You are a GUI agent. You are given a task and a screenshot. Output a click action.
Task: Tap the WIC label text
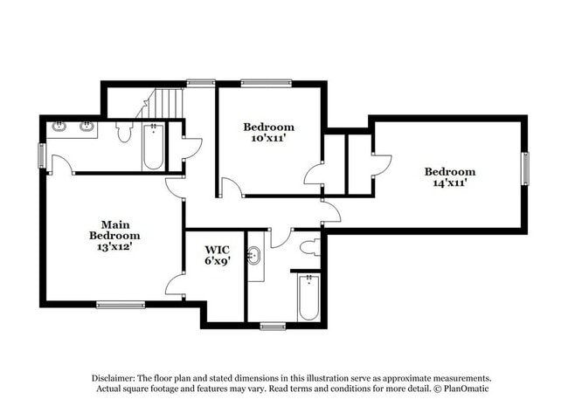point(218,249)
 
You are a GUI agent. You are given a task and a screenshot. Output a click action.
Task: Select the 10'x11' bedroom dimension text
point(268,139)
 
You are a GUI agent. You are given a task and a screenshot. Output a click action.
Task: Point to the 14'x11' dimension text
point(450,183)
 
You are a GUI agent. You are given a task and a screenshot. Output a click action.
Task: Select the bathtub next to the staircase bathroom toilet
point(153,147)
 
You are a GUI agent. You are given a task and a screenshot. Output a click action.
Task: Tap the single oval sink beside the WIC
point(255,258)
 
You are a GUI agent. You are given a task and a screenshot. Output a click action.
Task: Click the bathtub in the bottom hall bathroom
point(309,298)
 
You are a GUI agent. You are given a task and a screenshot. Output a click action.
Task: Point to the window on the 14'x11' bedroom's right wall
point(525,169)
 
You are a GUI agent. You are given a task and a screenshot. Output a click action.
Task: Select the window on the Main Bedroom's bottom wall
point(121,305)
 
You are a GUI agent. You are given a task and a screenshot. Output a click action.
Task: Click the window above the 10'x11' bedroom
point(260,83)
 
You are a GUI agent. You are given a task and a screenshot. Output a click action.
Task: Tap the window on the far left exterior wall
point(41,155)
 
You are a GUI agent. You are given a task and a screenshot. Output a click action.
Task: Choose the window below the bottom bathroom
point(273,327)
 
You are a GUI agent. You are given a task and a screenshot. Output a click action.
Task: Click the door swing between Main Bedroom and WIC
point(175,284)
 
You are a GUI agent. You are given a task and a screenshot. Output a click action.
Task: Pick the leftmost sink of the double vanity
point(60,127)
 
